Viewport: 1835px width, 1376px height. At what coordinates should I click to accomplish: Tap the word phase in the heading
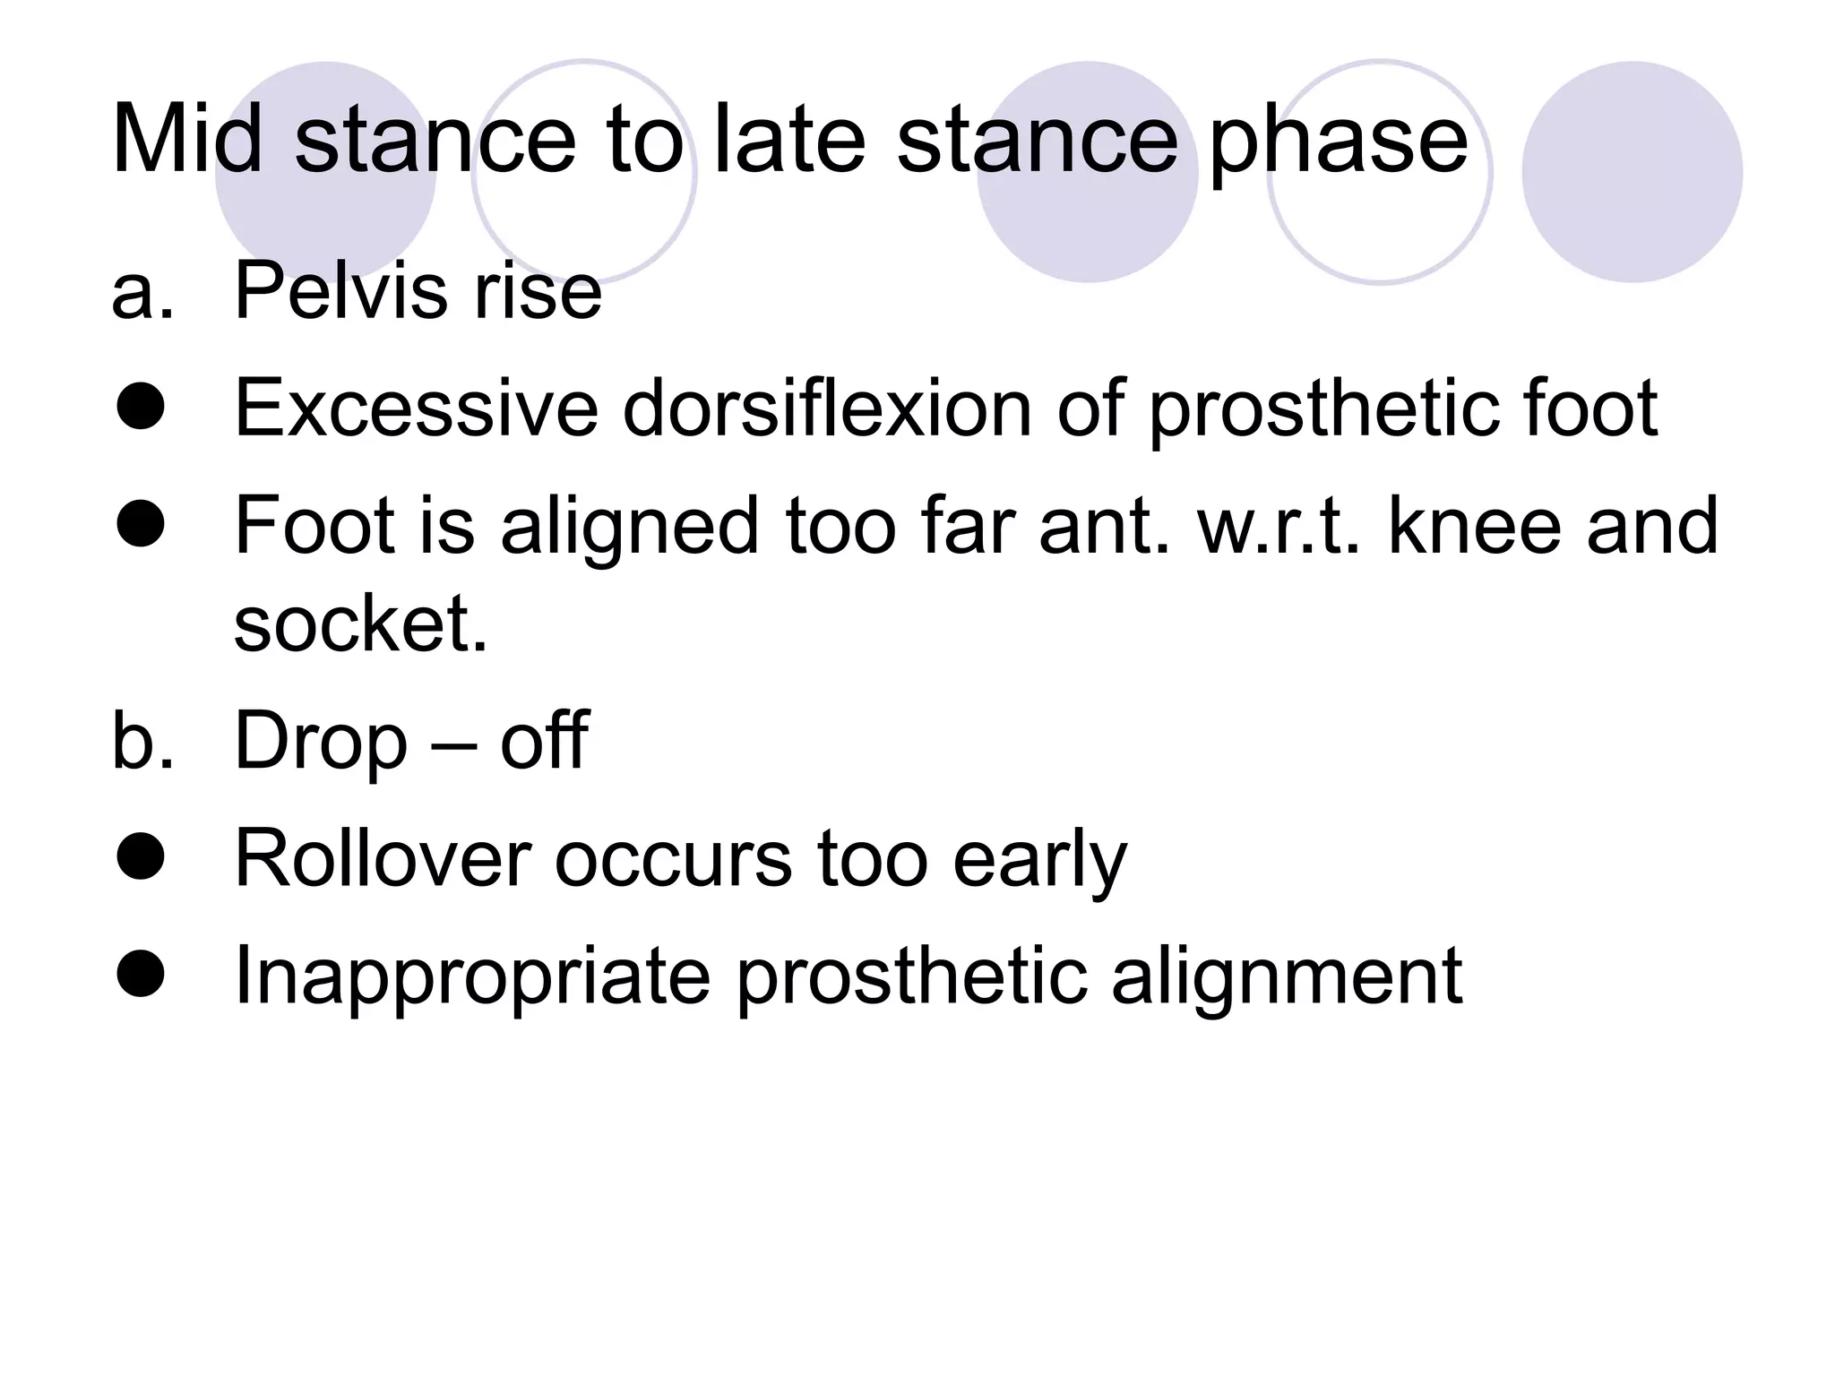tap(1339, 143)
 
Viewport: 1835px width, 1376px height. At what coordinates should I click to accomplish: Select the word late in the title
tap(788, 140)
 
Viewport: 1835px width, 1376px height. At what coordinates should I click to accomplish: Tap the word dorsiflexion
tap(827, 408)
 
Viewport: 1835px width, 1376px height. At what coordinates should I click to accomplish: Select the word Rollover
tap(382, 858)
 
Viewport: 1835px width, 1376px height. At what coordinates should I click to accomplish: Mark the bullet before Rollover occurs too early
tap(141, 857)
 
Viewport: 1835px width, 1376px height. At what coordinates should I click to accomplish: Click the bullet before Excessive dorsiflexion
tap(141, 408)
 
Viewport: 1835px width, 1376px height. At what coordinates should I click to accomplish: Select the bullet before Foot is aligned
tap(141, 525)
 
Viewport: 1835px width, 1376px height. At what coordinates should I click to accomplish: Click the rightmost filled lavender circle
tap(1632, 172)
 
